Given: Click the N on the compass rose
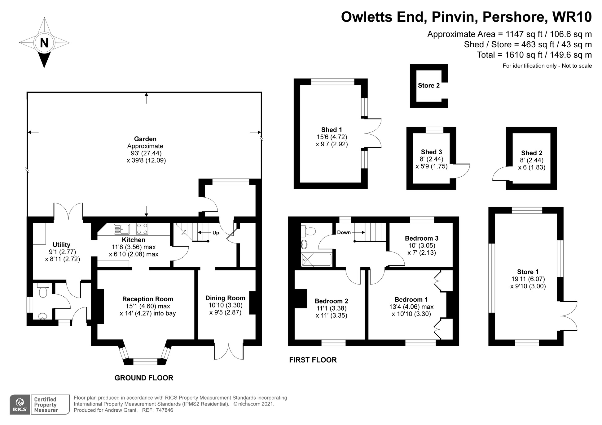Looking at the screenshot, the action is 44,43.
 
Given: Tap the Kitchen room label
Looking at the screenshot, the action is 134,240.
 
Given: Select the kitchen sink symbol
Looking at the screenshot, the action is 122,229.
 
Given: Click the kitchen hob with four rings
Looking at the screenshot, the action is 142,229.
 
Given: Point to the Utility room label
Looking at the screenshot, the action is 61,245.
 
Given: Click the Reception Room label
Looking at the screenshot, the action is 147,299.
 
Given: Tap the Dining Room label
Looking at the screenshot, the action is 225,298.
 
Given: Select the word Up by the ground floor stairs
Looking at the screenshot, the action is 216,233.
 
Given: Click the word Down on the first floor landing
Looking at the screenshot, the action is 344,232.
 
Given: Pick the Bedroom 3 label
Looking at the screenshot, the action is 422,238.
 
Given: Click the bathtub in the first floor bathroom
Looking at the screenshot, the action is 316,260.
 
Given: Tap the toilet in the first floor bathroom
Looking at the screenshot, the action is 308,231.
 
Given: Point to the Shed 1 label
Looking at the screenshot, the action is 332,130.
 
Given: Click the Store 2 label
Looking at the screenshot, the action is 429,85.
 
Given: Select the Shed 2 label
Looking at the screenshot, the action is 532,153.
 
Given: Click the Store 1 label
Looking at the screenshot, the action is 528,272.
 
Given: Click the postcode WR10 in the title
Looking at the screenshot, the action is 572,17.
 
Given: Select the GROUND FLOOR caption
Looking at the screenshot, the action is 144,378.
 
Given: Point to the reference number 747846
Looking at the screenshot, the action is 165,410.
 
